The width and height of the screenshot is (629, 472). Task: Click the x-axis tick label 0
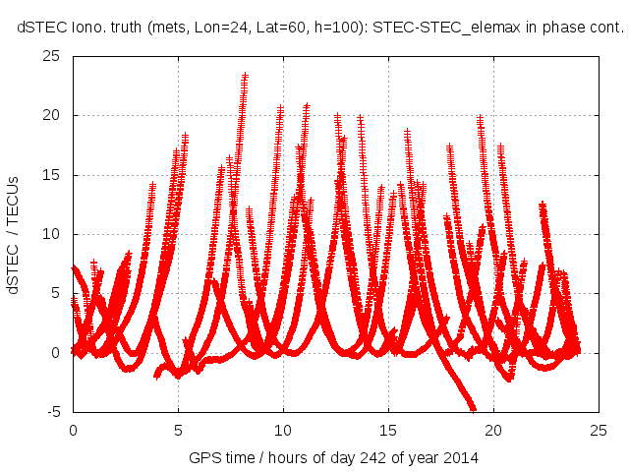(x=73, y=430)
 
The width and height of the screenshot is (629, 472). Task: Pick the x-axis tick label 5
(x=178, y=430)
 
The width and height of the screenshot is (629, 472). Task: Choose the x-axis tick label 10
(x=283, y=430)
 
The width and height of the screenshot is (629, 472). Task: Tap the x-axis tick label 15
(x=388, y=430)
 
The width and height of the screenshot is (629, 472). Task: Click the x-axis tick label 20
(x=493, y=430)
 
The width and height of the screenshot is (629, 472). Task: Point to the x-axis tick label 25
(x=599, y=430)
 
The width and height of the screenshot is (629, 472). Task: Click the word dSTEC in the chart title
(x=40, y=29)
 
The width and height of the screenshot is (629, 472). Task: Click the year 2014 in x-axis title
(x=458, y=457)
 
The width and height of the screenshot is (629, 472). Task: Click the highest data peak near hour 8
(x=245, y=75)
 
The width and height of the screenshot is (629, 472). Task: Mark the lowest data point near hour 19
(x=473, y=408)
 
